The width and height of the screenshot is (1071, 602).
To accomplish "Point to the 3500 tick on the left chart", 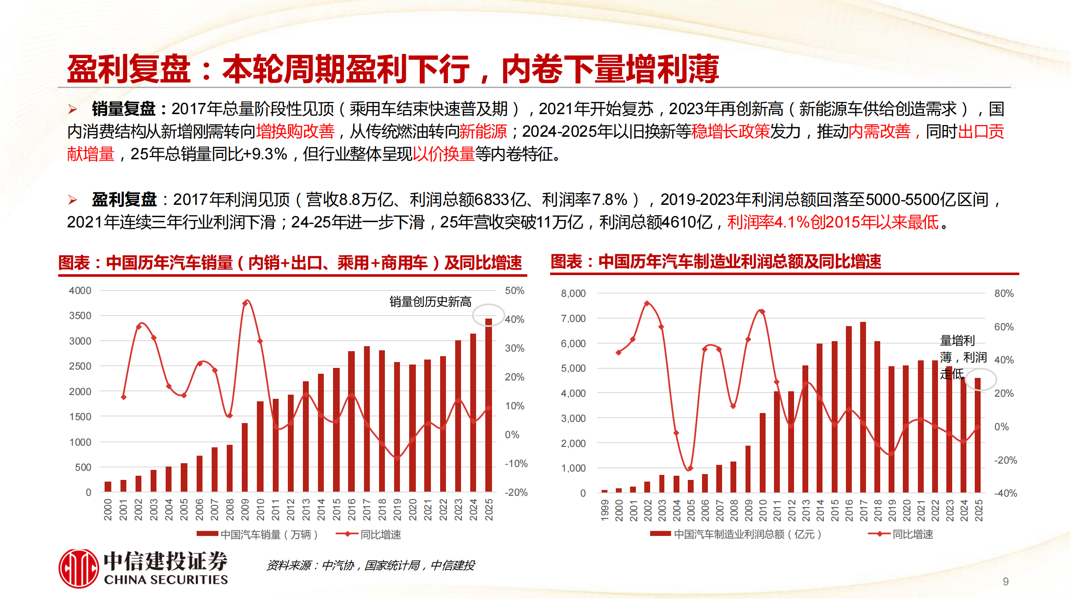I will coord(80,316).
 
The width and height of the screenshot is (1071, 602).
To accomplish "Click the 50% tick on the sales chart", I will coord(514,291).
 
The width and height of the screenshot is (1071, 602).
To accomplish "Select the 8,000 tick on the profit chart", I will coord(573,293).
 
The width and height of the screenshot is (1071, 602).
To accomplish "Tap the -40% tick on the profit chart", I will coord(1005,493).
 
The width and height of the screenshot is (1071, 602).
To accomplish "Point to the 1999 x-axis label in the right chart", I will coord(605,510).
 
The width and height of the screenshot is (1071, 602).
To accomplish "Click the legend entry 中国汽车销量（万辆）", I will coord(257,534).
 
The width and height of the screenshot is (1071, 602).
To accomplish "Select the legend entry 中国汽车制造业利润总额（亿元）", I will coord(736,534).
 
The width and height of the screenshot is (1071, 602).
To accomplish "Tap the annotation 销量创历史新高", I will coord(430,301).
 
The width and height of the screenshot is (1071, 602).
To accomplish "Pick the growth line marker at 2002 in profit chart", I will coord(647,304).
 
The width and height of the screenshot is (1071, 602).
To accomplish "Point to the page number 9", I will coord(1005,582).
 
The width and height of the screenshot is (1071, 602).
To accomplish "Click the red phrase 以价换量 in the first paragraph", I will coord(443,154).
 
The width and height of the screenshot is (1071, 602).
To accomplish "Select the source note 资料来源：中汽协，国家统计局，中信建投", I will coord(371,565).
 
